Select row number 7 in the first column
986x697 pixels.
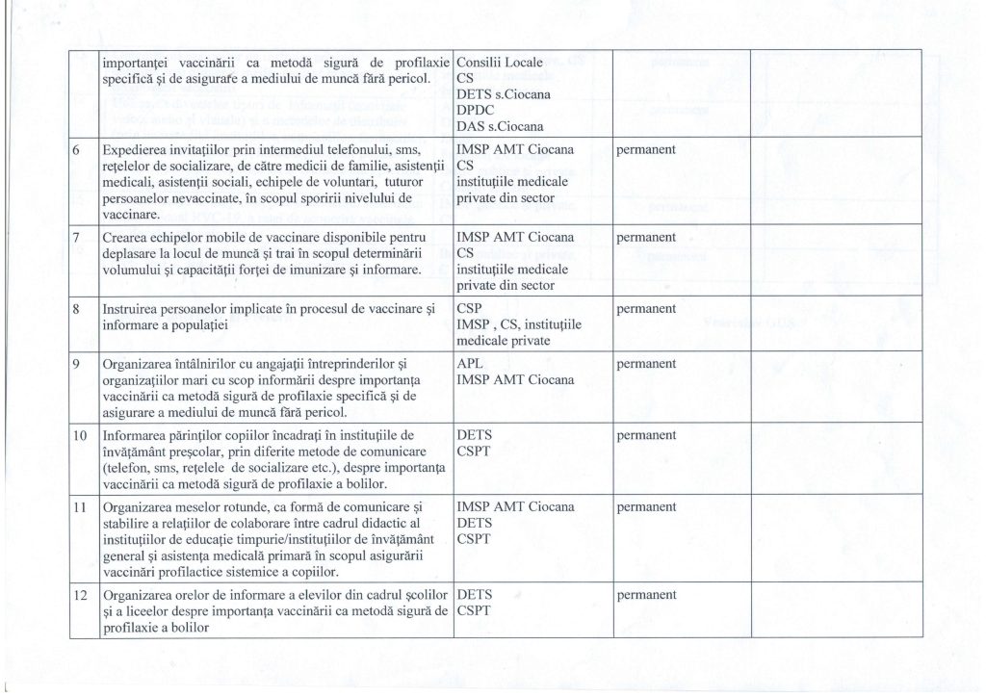78,237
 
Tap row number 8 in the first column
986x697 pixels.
78,310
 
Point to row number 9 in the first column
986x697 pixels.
78,365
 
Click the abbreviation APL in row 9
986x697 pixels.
471,364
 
